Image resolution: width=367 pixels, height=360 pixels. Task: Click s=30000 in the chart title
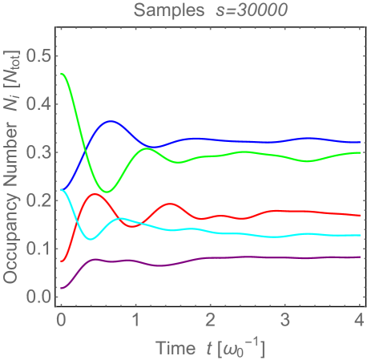pos(241,10)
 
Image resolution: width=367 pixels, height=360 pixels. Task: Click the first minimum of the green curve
pos(110,192)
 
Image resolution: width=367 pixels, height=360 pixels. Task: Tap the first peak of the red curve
pos(95,194)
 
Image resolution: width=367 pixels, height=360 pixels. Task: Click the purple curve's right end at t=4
pos(358,257)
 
